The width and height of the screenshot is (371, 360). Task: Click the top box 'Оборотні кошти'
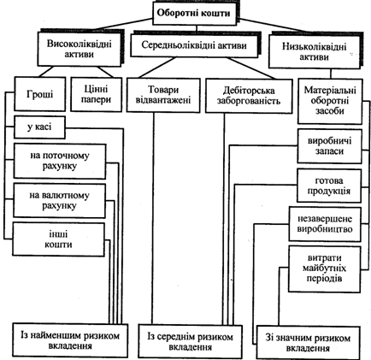pos(195,14)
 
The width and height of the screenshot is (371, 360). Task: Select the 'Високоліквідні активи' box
pos(79,48)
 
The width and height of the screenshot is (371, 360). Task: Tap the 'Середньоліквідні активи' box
pos(194,45)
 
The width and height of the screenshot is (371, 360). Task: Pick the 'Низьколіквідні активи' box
pos(315,51)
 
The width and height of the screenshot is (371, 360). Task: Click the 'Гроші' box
pos(40,94)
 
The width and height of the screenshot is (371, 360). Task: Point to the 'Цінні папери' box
pos(96,94)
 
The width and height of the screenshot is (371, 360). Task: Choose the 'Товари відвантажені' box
pos(163,95)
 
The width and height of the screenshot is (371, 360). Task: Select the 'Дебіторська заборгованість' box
pos(249,96)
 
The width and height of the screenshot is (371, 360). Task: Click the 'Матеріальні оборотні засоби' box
pos(330,101)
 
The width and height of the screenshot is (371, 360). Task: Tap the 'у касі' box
pos(39,127)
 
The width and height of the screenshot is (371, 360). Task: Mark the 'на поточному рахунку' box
pos(60,161)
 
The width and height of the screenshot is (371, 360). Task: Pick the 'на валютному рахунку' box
pos(59,201)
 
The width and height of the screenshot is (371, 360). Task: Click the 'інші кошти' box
pos(58,239)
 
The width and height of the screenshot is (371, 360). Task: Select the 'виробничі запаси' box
pos(330,146)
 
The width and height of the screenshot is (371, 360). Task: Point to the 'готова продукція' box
pos(329,186)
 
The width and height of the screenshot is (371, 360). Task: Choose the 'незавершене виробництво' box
pos(325,224)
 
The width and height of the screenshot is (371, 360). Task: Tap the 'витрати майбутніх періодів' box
pos(324,269)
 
